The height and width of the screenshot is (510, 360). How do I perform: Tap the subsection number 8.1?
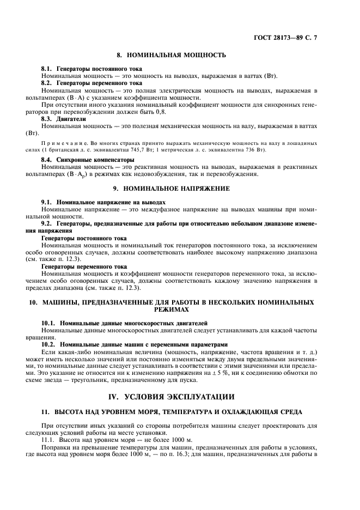(x=48, y=69)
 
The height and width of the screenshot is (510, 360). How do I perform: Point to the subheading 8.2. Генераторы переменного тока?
(x=91, y=83)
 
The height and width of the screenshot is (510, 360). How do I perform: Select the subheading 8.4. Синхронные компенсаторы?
(x=89, y=160)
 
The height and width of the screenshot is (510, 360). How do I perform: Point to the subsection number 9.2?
(x=48, y=223)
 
